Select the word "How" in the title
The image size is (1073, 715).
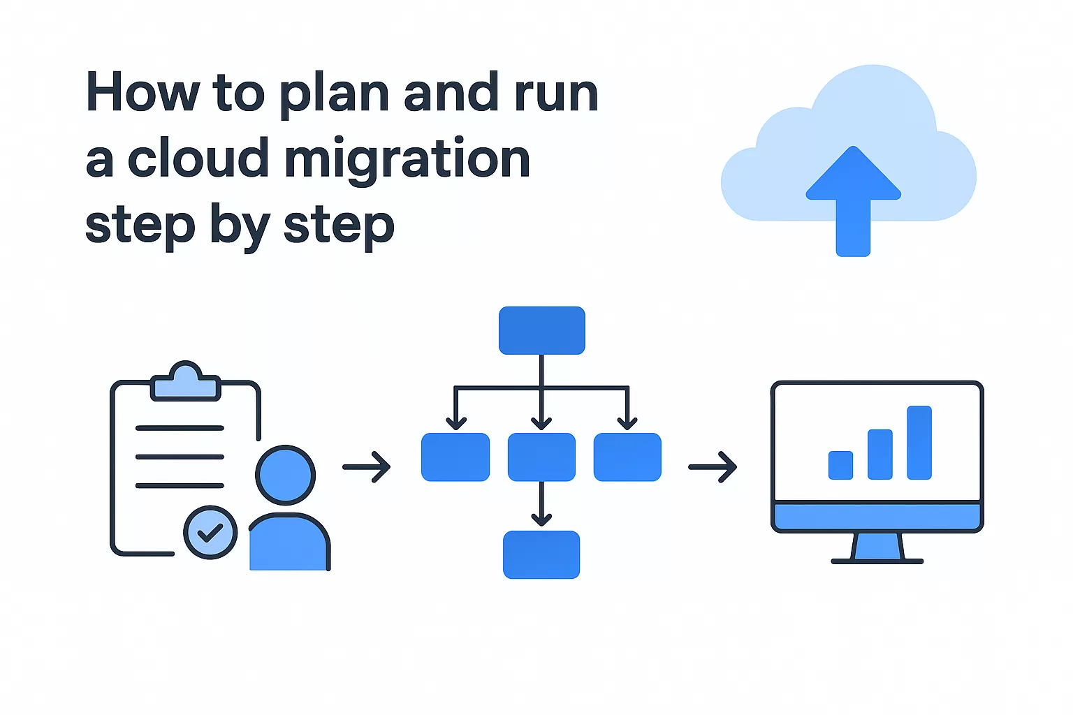point(143,92)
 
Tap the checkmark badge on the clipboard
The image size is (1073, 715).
point(210,533)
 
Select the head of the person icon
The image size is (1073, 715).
point(285,475)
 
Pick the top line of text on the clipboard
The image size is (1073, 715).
point(180,428)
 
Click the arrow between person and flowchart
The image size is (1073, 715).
point(367,466)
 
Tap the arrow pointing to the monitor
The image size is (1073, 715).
point(713,466)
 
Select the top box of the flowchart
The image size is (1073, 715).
point(541,330)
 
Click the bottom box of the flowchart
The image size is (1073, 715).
point(541,554)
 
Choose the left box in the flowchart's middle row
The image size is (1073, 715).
point(455,457)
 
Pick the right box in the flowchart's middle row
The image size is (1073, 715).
point(627,457)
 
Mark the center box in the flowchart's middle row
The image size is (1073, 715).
point(541,457)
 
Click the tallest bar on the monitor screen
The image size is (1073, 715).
point(919,443)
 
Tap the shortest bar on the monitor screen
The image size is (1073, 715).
point(840,465)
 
